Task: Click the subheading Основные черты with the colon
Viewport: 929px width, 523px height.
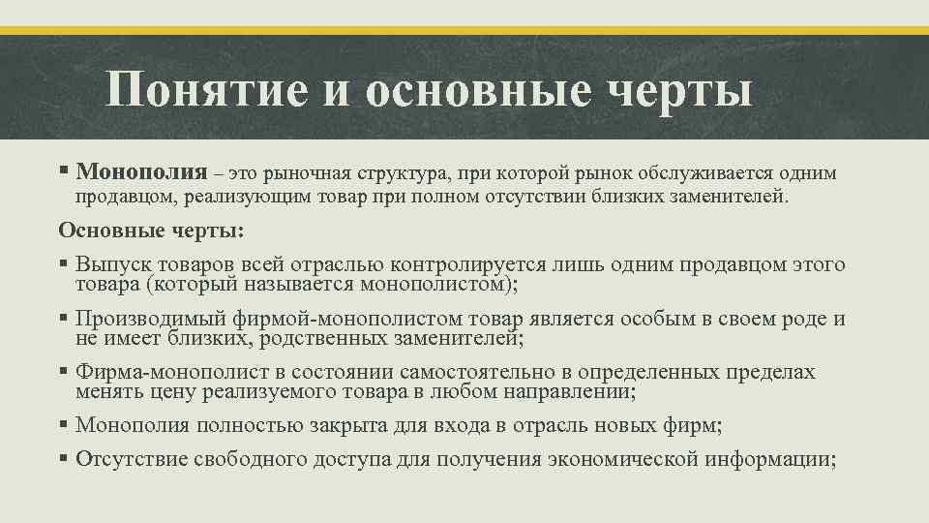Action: pos(152,230)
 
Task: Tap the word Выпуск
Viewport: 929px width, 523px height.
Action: pos(110,264)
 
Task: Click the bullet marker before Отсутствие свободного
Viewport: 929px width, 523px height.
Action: pos(63,458)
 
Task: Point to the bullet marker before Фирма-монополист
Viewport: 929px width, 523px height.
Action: pos(63,373)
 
